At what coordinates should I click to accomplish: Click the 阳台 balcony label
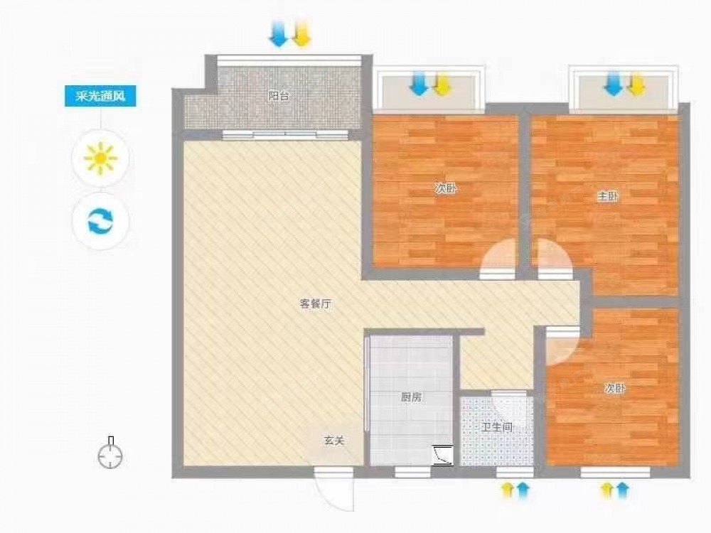coord(279,96)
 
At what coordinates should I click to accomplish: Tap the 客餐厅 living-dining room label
coord(316,304)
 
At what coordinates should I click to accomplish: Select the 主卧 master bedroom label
coord(608,197)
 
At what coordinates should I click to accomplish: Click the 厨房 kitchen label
coord(411,397)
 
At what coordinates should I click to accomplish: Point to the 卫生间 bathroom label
coord(497,427)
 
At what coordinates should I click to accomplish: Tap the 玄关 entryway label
coord(334,441)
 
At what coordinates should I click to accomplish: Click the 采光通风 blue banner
coord(100,96)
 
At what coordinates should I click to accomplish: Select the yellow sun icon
coord(101,158)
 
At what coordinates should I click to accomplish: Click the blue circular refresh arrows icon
coord(101,221)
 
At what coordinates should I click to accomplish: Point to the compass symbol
coord(110,453)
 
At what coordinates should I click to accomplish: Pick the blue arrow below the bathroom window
coord(523,490)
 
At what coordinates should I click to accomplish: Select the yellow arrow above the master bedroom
coord(637,85)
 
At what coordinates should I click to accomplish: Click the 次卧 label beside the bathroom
coord(615,389)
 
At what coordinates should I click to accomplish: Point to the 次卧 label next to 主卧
coord(446,188)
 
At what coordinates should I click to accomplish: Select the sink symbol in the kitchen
coord(443,455)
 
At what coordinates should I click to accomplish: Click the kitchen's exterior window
coord(412,473)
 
